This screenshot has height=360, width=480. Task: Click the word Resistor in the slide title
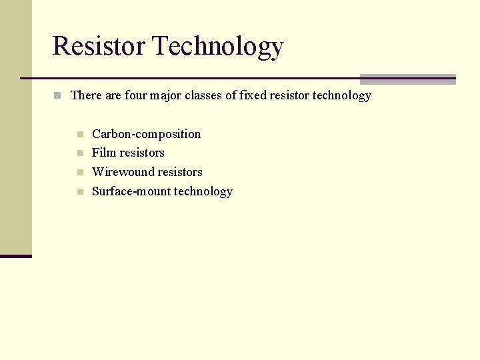[x=99, y=46]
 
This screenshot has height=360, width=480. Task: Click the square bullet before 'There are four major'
[x=58, y=96]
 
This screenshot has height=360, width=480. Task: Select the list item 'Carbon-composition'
[x=146, y=134]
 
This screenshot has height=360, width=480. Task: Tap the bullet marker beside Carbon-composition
[x=80, y=135]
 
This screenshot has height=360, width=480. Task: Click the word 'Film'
[x=103, y=153]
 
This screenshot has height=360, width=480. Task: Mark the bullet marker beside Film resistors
[x=80, y=153]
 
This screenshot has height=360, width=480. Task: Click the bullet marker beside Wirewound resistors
[x=80, y=173]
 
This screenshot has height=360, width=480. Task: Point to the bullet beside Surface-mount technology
[x=80, y=192]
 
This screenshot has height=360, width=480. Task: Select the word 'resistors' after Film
[x=141, y=153]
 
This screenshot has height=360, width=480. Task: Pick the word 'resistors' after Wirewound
[x=178, y=172]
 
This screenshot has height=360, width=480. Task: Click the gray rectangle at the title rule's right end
[x=407, y=79]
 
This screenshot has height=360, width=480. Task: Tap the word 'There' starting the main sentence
[x=86, y=95]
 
